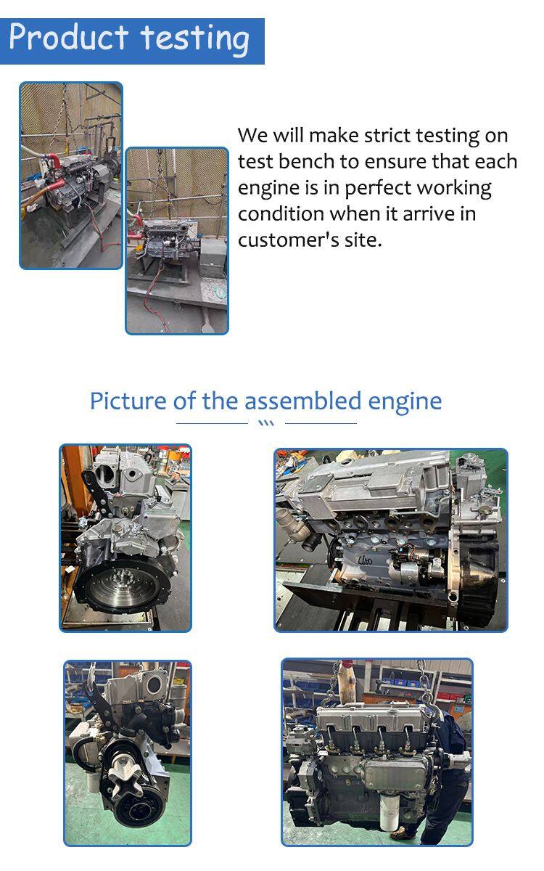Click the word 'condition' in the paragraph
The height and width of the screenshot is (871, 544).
pos(281,213)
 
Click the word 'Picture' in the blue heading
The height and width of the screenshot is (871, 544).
pos(128,401)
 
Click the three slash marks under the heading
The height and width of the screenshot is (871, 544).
pos(266,423)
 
